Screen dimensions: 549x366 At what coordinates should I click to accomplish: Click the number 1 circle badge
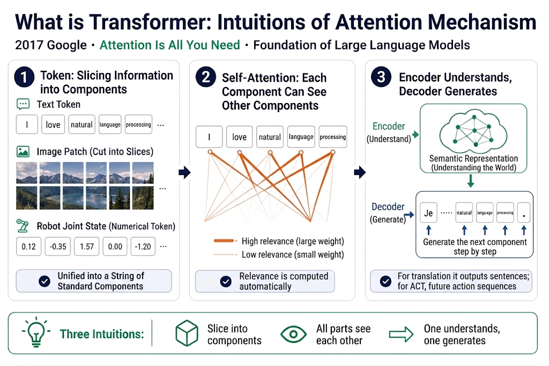tap(24, 77)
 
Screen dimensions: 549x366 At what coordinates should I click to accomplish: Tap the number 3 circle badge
tap(381, 77)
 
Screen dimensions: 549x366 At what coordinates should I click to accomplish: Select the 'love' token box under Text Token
tap(53, 125)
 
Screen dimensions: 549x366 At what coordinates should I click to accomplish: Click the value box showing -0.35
tap(58, 246)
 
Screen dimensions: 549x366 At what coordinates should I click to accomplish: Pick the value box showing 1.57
tap(86, 246)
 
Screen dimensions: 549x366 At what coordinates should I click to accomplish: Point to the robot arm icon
tap(23, 226)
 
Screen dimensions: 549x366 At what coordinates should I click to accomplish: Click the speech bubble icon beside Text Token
tap(23, 104)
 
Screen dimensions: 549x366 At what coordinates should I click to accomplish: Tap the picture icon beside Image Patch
tap(23, 151)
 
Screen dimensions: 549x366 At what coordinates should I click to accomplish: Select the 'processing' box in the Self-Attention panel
tap(332, 137)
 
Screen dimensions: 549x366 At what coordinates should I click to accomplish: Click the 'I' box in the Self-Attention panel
tap(209, 137)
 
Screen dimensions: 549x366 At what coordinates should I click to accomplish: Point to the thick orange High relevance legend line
tap(224, 241)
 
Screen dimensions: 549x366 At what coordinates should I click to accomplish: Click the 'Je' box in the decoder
tap(428, 213)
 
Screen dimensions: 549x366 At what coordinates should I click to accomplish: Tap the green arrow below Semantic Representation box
tap(471, 181)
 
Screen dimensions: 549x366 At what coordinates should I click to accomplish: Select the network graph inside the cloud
tap(474, 131)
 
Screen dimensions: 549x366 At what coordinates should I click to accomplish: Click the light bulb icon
tap(36, 332)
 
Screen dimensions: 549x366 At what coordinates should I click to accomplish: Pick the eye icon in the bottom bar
tap(293, 334)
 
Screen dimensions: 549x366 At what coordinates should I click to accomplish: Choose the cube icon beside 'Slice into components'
tap(187, 333)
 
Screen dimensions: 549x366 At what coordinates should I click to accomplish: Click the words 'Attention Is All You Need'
tap(170, 45)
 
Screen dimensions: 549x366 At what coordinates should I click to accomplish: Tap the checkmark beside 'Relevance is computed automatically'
tap(226, 281)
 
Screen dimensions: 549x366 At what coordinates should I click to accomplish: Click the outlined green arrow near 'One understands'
tap(401, 334)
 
